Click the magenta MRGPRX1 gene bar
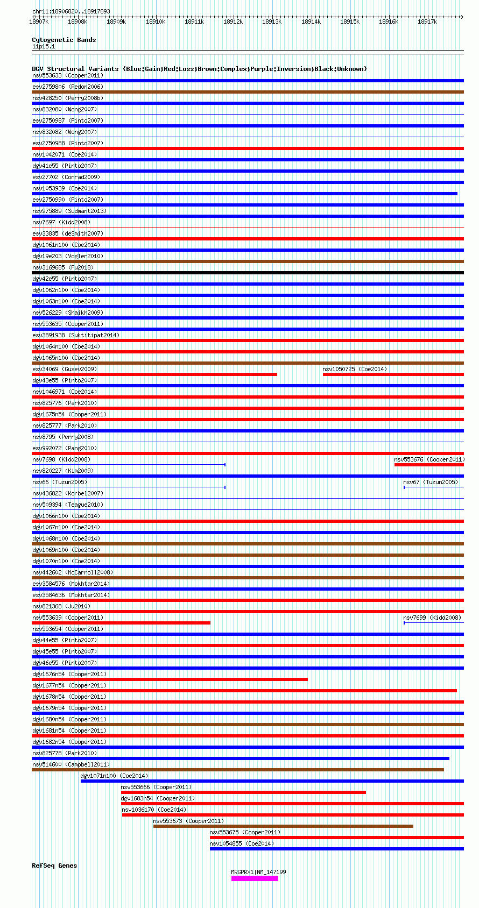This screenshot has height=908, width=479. pos(255,878)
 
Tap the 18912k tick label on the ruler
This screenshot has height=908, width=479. pos(233,22)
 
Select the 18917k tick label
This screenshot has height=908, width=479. pos(427,22)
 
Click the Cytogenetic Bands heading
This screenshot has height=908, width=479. pos(64,40)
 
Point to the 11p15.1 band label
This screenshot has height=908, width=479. pos(44,47)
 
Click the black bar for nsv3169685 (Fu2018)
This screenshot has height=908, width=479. pos(248,273)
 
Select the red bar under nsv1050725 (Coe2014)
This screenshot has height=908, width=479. pos(393,374)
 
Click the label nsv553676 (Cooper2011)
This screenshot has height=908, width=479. pos(429,459)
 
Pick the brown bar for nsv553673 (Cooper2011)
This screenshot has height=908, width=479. pos(283,826)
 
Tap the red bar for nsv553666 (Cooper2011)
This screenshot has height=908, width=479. pos(243,792)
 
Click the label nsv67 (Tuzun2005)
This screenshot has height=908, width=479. pos(430,482)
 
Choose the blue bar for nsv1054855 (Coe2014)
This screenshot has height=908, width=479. pos(336,849)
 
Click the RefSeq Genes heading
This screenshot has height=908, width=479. pos(54,866)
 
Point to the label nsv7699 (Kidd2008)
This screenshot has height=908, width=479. pos(432,618)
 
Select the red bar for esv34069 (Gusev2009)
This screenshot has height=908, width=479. pos(154,374)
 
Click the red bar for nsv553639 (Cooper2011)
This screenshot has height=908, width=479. pos(121,623)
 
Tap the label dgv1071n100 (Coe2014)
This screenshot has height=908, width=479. pos(114,776)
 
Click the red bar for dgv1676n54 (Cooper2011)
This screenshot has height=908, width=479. pos(170,679)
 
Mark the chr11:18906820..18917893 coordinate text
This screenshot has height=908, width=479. pos(71,11)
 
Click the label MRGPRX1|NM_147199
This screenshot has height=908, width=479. pos(258,872)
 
